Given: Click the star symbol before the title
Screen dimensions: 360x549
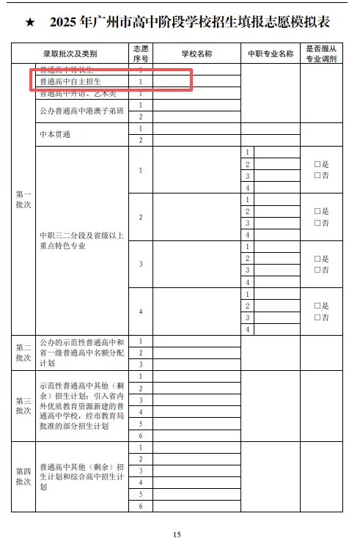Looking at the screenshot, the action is click(x=30, y=23).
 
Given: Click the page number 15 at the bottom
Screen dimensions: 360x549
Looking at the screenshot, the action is click(x=177, y=534).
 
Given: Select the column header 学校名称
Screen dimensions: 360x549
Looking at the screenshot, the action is click(x=196, y=54).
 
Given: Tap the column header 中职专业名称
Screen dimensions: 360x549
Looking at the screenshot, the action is click(x=271, y=54).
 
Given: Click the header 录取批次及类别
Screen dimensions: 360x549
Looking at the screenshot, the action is click(x=70, y=54).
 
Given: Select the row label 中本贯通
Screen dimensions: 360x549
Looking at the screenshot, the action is click(x=55, y=134).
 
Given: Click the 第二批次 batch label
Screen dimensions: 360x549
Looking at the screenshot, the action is click(x=23, y=353).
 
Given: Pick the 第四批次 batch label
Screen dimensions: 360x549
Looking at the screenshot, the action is click(x=23, y=476).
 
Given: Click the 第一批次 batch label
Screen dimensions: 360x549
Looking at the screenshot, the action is click(x=23, y=199).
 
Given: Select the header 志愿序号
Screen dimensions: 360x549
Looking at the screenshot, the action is click(x=140, y=54).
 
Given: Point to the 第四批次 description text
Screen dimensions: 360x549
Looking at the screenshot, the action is click(x=81, y=476).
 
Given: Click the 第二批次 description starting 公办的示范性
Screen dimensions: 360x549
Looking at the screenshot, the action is click(x=81, y=353).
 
